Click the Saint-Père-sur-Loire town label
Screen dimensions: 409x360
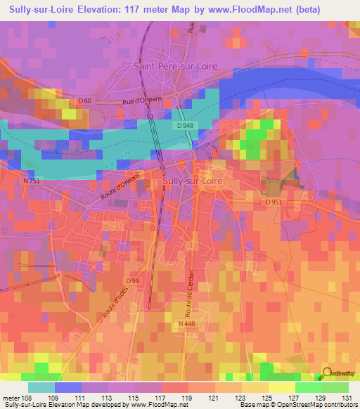coord(174,65)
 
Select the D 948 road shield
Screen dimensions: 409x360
coord(185,125)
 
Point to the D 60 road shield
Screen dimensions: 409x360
coord(85,101)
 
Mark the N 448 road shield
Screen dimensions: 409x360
coord(186,324)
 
